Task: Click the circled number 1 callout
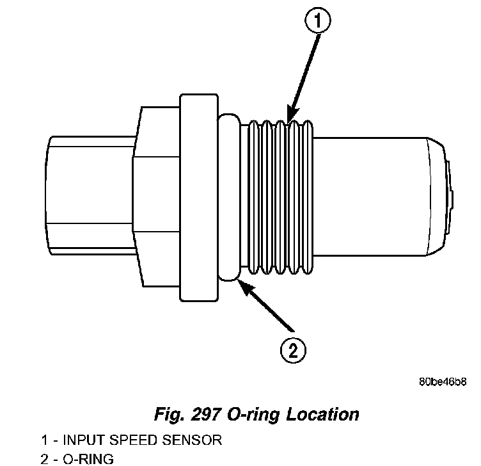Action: (x=317, y=22)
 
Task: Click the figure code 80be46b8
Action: (x=443, y=382)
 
